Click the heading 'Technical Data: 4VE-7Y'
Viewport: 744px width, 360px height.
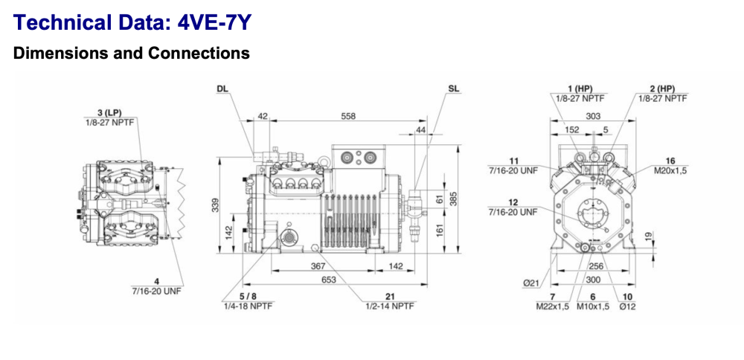click(x=132, y=22)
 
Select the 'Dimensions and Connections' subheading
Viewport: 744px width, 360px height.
click(x=132, y=54)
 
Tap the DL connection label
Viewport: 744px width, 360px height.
click(x=222, y=89)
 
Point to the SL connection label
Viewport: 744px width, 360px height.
click(x=454, y=89)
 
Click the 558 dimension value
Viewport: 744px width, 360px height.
click(x=347, y=117)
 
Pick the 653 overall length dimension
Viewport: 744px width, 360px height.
click(x=329, y=280)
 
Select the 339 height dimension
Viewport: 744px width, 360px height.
click(x=216, y=205)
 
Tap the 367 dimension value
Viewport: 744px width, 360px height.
click(x=318, y=266)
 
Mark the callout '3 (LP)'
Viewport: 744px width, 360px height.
click(x=109, y=112)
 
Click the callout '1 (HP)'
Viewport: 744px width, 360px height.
click(x=574, y=89)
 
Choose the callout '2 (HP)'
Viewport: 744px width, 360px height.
click(x=661, y=89)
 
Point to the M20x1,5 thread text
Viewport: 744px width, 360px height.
click(x=670, y=170)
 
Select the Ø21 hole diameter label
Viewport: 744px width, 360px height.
click(x=535, y=283)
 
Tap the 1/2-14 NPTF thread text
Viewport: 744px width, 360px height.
click(x=389, y=306)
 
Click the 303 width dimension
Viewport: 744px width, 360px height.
click(x=592, y=117)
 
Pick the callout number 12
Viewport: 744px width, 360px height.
click(x=513, y=202)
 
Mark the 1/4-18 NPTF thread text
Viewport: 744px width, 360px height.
click(x=246, y=306)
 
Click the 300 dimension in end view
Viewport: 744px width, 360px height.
click(x=592, y=280)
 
